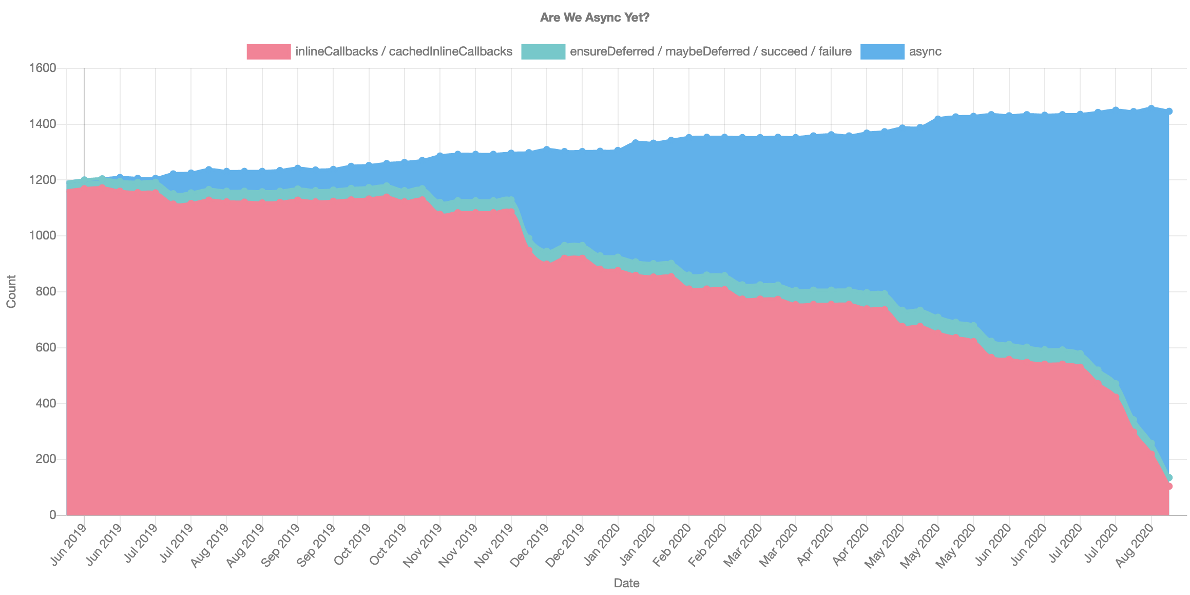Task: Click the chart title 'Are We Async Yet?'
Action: tap(594, 17)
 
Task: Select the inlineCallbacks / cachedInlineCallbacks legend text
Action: tap(404, 51)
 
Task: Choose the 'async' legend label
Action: tap(925, 51)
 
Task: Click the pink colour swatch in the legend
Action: tap(268, 51)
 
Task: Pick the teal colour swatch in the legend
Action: tap(543, 51)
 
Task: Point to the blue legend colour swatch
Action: tap(882, 51)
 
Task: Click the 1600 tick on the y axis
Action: tap(43, 68)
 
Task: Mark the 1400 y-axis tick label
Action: tap(43, 124)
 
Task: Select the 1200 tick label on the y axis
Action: tap(43, 180)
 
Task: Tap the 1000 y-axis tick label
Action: tap(43, 236)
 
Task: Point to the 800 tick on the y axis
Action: tap(46, 292)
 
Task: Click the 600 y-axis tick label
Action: tap(46, 348)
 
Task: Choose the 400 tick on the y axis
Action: tap(46, 403)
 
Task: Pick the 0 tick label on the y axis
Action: tap(52, 515)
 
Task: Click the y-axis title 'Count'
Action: tap(11, 291)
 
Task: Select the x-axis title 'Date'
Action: tap(626, 583)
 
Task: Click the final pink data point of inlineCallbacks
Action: tap(1169, 486)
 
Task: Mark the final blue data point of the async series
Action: tap(1169, 111)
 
